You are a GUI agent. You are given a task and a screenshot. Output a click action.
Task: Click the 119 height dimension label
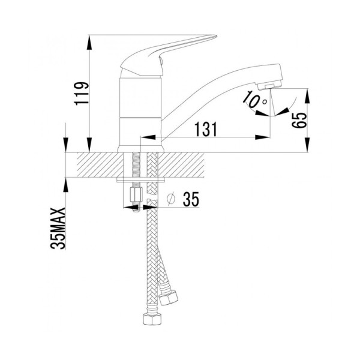point(82,94)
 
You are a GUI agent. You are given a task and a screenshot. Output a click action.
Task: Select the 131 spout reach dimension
point(205,129)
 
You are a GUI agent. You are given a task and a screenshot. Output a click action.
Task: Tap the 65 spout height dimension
point(299,120)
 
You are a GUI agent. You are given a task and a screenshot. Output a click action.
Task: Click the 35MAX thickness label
point(58,229)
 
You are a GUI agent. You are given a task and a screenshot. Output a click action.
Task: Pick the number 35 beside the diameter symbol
point(191,199)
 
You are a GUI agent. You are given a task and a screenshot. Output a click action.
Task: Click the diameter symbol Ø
point(171,199)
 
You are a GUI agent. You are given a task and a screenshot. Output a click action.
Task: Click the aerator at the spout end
point(269,85)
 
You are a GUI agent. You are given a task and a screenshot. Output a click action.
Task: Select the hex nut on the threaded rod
point(136,194)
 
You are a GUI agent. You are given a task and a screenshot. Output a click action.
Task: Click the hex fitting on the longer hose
point(152,319)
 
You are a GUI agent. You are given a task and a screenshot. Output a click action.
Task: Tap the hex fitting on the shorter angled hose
point(169,298)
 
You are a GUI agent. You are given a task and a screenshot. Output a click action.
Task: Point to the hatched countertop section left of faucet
point(100,164)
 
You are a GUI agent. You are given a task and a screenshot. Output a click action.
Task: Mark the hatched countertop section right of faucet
point(181,164)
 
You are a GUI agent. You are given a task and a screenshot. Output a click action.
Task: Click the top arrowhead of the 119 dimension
point(89,42)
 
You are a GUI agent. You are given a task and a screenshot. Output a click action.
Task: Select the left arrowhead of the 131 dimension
point(148,137)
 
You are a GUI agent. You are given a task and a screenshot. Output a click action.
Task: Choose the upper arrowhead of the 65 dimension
point(307,96)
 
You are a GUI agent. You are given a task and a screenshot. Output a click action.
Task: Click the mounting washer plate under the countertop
point(140,180)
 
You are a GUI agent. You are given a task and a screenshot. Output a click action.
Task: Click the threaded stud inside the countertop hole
point(136,165)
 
